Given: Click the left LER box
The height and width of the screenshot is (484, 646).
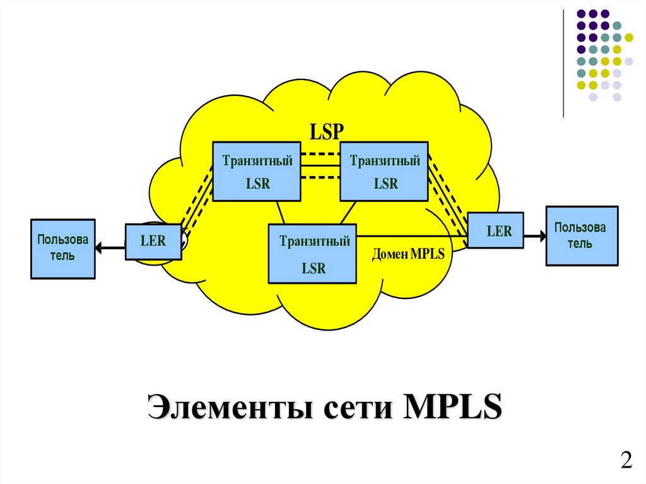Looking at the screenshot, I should pyautogui.click(x=153, y=242).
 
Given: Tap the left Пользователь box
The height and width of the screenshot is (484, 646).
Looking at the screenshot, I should pyautogui.click(x=63, y=249).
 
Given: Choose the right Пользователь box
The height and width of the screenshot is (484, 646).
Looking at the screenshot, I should pyautogui.click(x=582, y=235).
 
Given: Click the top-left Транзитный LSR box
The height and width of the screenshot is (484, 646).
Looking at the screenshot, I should pyautogui.click(x=256, y=172).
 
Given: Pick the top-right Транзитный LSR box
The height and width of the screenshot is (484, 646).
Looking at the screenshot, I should pyautogui.click(x=384, y=172).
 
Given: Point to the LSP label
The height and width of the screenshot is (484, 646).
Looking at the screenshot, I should pyautogui.click(x=326, y=131).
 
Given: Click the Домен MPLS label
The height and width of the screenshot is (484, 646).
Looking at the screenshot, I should pyautogui.click(x=408, y=254).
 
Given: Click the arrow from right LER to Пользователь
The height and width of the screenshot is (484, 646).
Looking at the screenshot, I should pyautogui.click(x=534, y=236).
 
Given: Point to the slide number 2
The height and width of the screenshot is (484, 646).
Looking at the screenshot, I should pyautogui.click(x=626, y=460).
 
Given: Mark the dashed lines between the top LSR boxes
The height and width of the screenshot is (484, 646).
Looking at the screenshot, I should pyautogui.click(x=320, y=165).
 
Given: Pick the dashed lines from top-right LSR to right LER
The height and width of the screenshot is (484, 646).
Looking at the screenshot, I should pyautogui.click(x=447, y=189).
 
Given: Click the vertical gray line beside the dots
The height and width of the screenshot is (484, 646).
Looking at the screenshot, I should pyautogui.click(x=563, y=63).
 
